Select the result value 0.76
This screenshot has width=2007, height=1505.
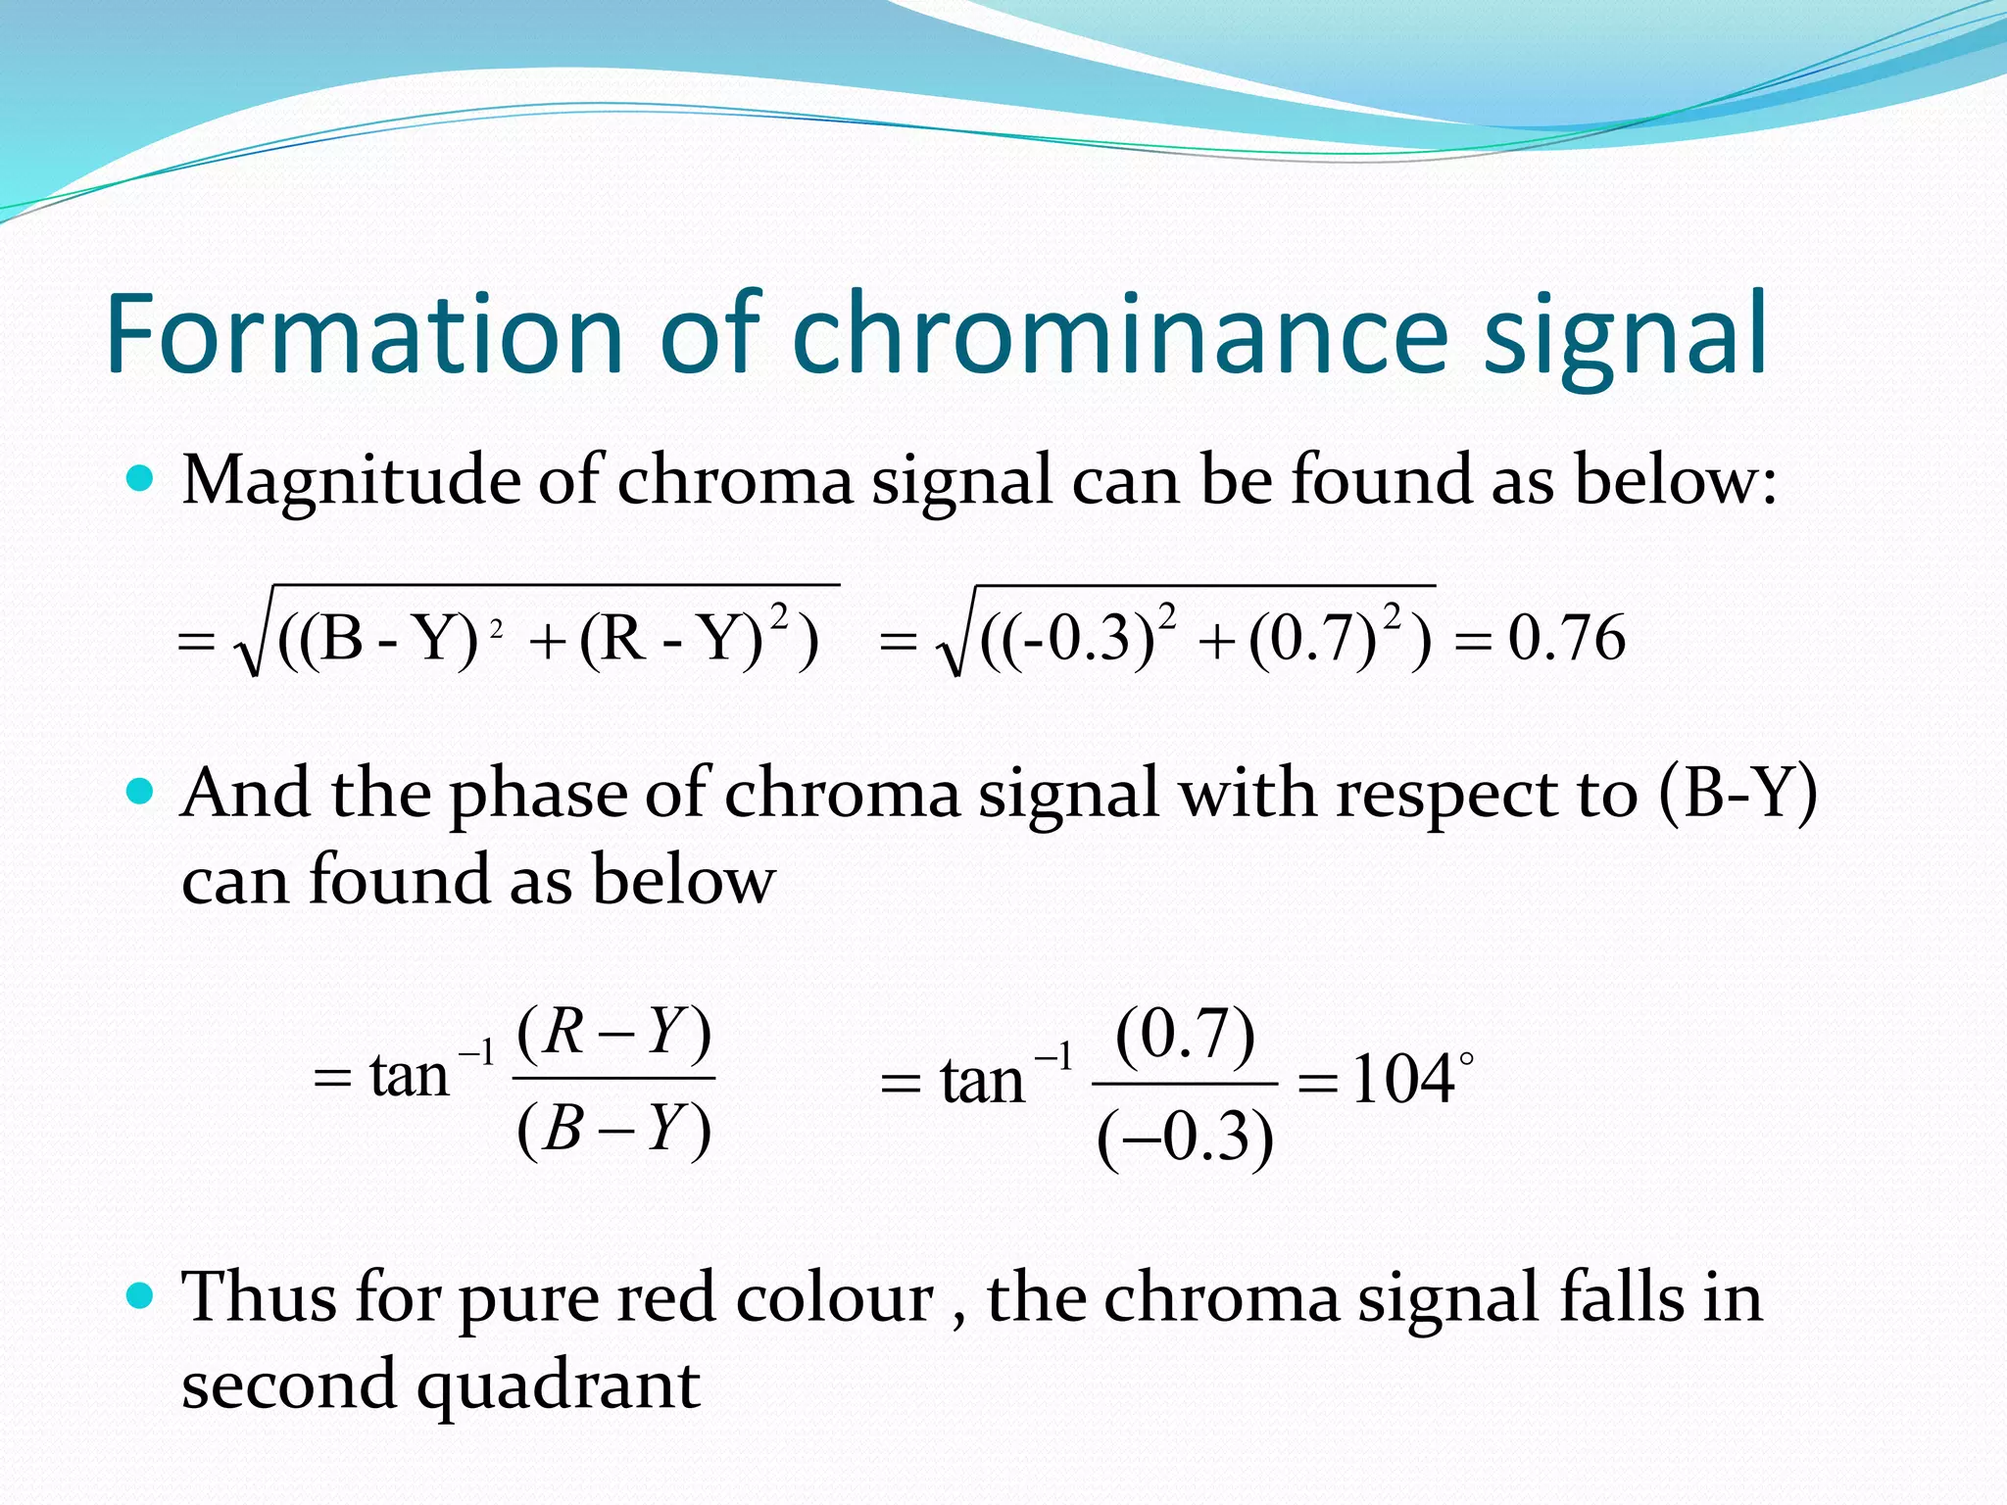point(1566,639)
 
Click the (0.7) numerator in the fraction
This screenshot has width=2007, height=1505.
point(1185,1035)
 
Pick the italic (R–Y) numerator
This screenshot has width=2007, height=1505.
point(613,1032)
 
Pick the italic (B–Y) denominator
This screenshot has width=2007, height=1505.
point(613,1127)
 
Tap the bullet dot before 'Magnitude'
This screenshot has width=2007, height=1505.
point(141,479)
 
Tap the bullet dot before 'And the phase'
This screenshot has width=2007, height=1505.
point(141,791)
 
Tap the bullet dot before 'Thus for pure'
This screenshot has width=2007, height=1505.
point(141,1296)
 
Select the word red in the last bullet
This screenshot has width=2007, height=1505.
point(666,1298)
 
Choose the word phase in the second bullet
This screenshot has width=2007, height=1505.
point(538,795)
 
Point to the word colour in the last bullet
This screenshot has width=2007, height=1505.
point(834,1298)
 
